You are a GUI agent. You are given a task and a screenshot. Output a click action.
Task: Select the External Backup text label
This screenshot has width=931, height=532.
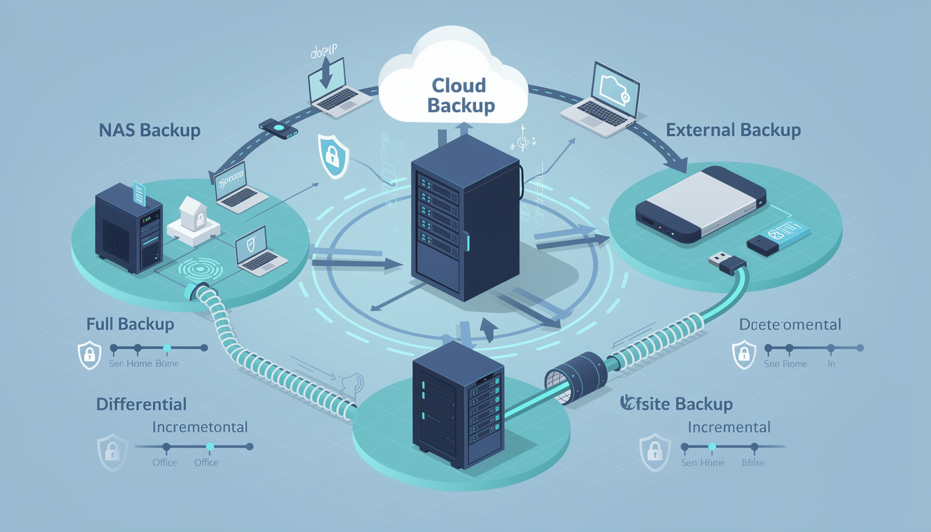733,130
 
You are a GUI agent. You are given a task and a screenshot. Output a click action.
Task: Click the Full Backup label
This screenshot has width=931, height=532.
130,323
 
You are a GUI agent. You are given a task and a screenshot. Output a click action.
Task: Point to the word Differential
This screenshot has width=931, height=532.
141,404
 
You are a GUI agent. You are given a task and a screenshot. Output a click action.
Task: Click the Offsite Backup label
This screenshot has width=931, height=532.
677,404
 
